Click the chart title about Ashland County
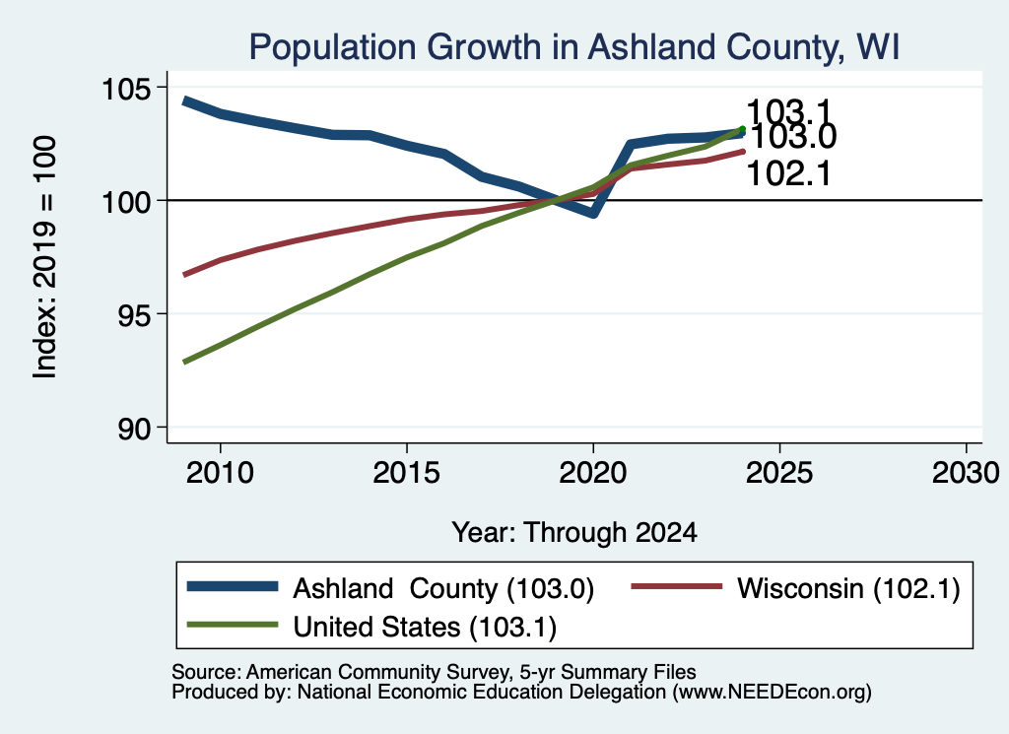pyautogui.click(x=574, y=47)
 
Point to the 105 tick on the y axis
pyautogui.click(x=125, y=88)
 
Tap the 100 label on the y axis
pyautogui.click(x=125, y=202)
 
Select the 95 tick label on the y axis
pyautogui.click(x=133, y=315)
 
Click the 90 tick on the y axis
pyautogui.click(x=133, y=430)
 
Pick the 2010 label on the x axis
pyautogui.click(x=220, y=473)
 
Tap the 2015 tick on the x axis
pyautogui.click(x=407, y=473)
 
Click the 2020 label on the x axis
pyautogui.click(x=592, y=473)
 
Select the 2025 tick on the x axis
pyautogui.click(x=779, y=473)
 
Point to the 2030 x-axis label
pyautogui.click(x=966, y=473)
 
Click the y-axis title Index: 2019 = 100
pyautogui.click(x=45, y=257)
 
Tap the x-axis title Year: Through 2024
pyautogui.click(x=574, y=533)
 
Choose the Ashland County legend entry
pyautogui.click(x=390, y=588)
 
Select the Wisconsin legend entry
pyautogui.click(x=796, y=588)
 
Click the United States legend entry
pyautogui.click(x=371, y=627)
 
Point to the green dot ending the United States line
pyautogui.click(x=742, y=129)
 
